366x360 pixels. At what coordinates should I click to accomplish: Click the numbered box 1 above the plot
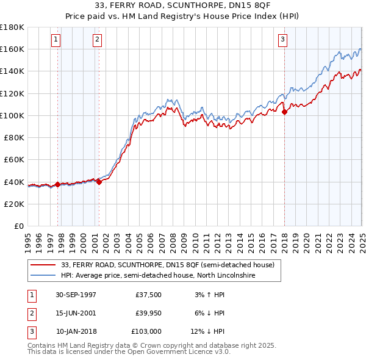pyautogui.click(x=56, y=40)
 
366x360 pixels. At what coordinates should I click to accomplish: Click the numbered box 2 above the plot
pyautogui.click(x=97, y=40)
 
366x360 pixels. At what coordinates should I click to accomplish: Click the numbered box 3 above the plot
pyautogui.click(x=283, y=40)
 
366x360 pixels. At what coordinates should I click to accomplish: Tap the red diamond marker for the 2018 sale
pyautogui.click(x=284, y=112)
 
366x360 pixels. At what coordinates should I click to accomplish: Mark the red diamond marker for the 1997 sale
pyautogui.click(x=58, y=184)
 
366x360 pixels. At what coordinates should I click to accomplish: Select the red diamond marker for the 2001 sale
pyautogui.click(x=99, y=181)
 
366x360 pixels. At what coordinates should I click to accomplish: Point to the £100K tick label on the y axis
pyautogui.click(x=12, y=115)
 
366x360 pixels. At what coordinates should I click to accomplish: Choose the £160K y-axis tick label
pyautogui.click(x=12, y=49)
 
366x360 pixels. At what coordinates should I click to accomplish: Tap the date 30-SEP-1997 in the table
pyautogui.click(x=76, y=294)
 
